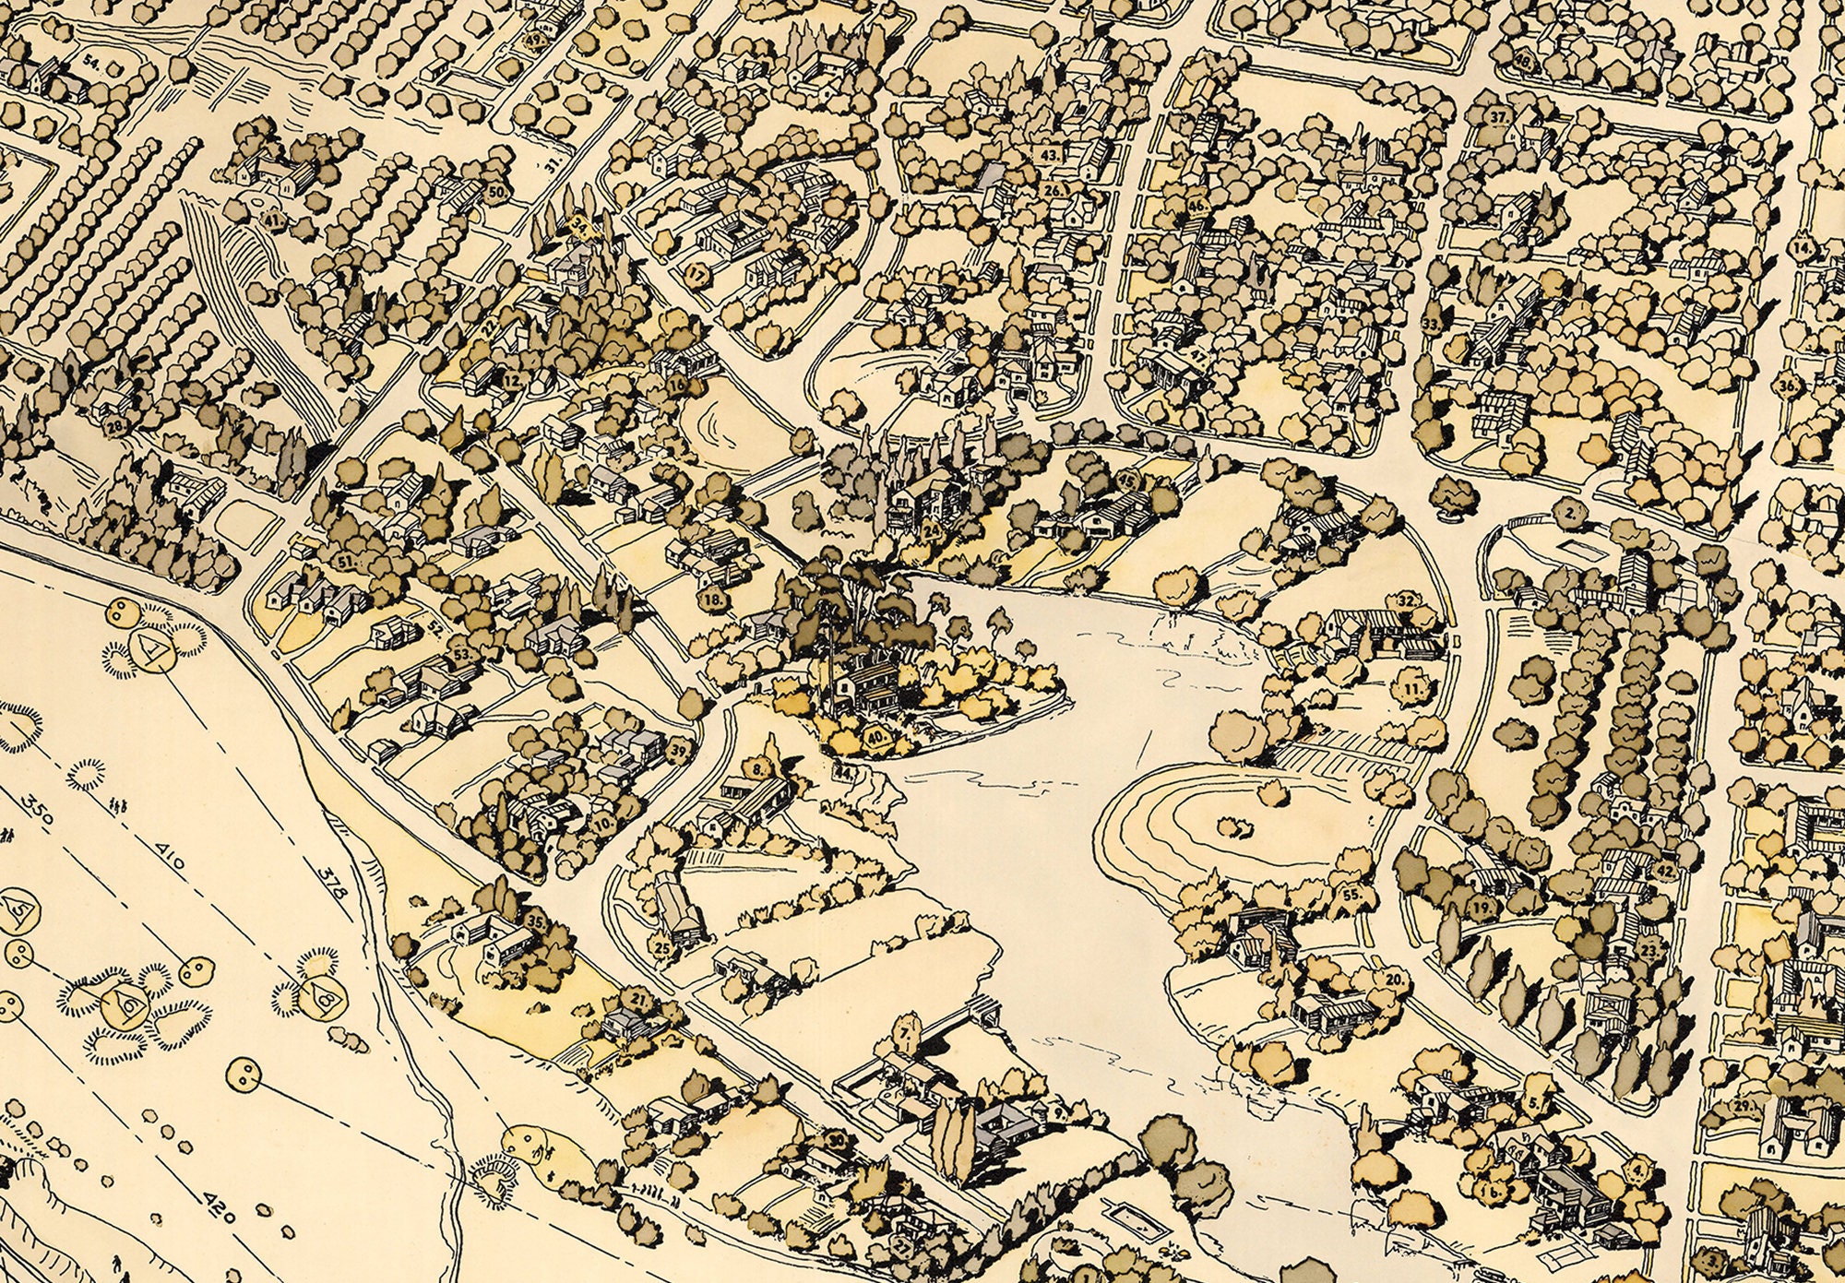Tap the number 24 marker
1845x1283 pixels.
pyautogui.click(x=932, y=532)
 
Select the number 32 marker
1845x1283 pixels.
pyautogui.click(x=1406, y=600)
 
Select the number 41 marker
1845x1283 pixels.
pyautogui.click(x=272, y=220)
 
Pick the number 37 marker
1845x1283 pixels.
pyautogui.click(x=1499, y=117)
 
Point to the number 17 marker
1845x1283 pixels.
pyautogui.click(x=696, y=274)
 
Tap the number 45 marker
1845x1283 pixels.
pyautogui.click(x=1126, y=481)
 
